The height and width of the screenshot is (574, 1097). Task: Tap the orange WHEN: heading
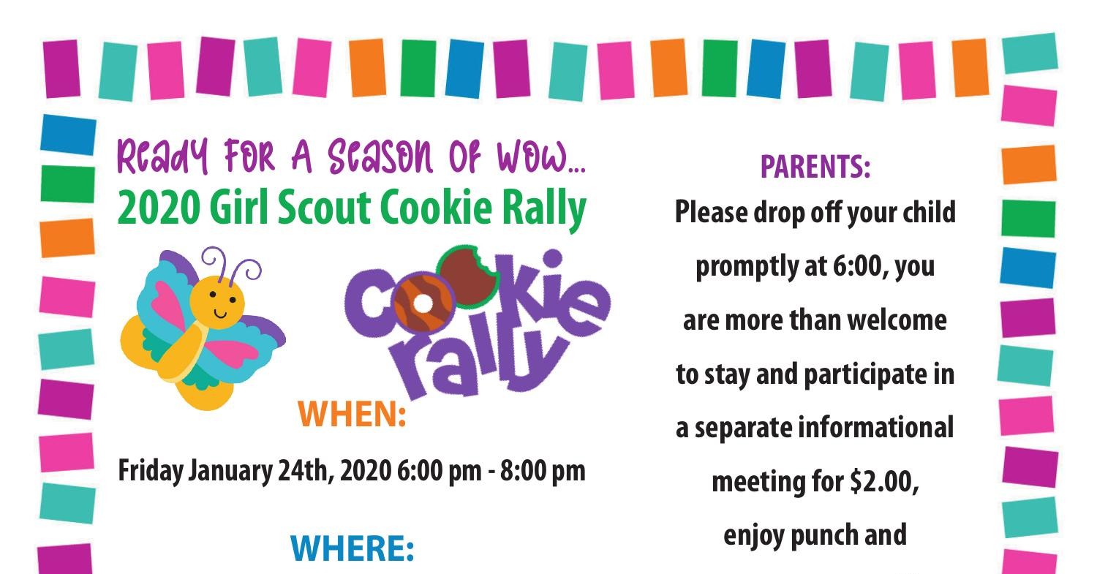(x=352, y=415)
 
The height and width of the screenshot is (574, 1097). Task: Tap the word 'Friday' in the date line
(x=151, y=471)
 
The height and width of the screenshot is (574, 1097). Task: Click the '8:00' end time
(x=521, y=471)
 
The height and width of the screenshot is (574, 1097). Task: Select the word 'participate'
(x=861, y=374)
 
